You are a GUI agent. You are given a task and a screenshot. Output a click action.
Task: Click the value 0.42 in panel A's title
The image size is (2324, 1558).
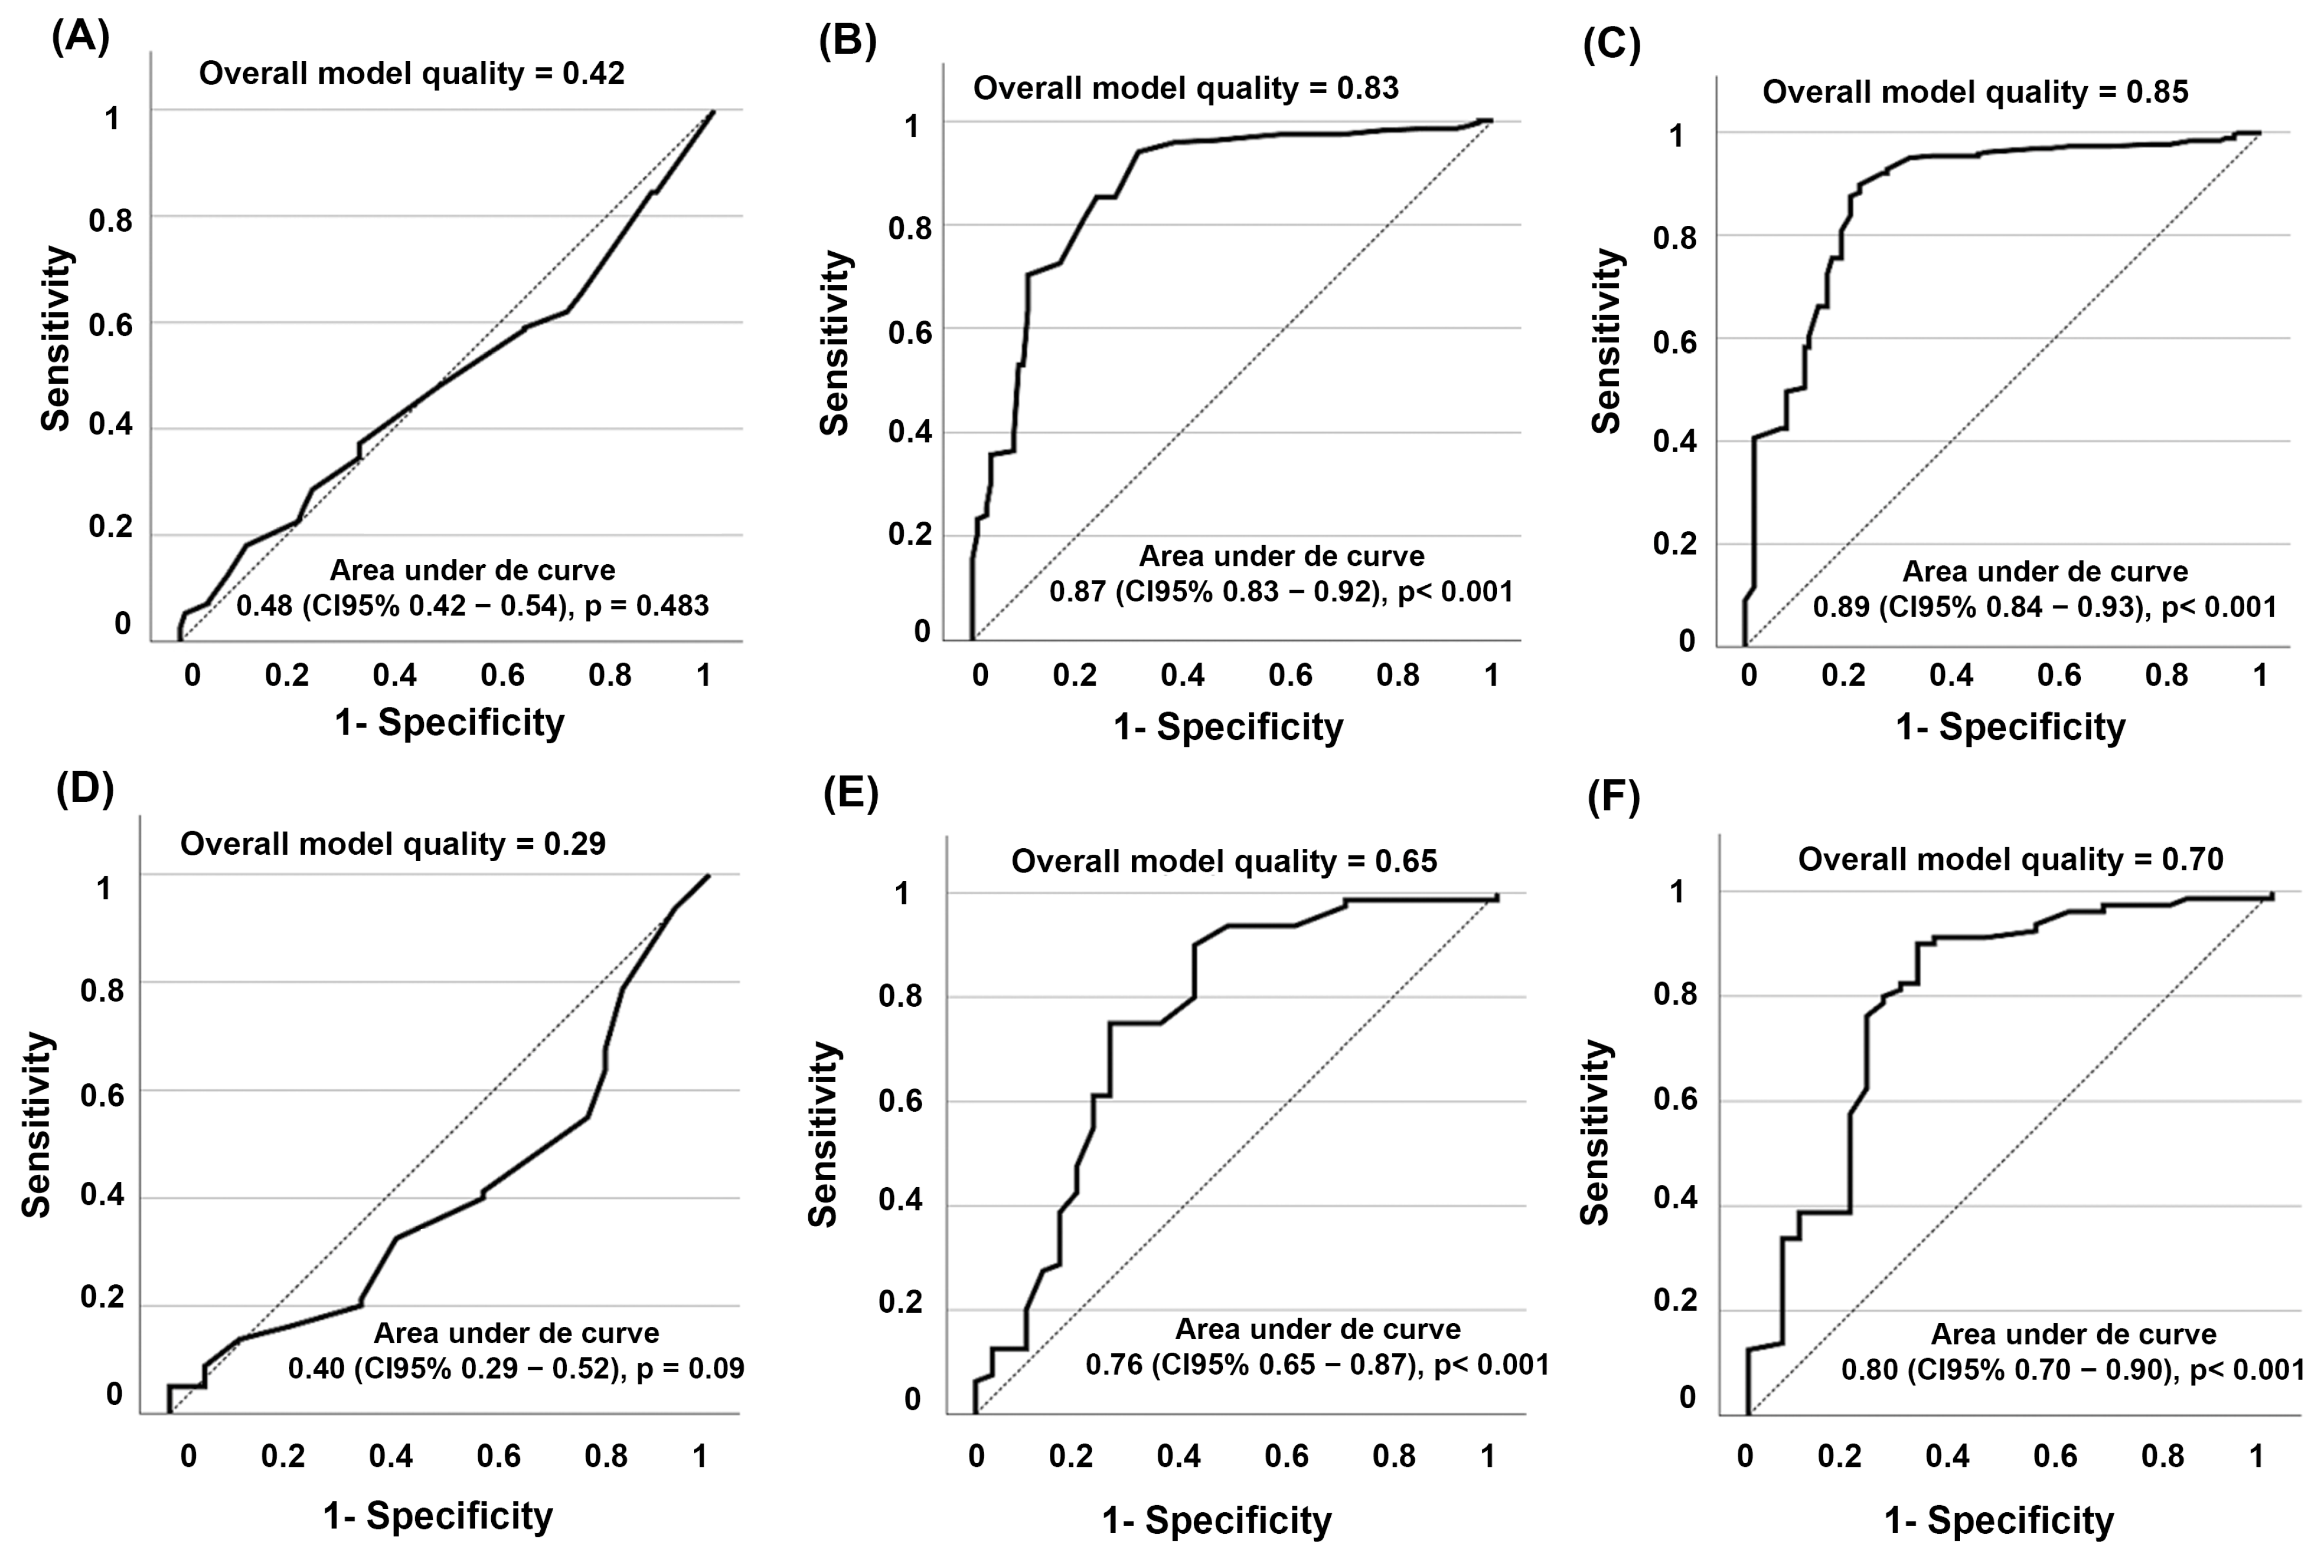(x=594, y=73)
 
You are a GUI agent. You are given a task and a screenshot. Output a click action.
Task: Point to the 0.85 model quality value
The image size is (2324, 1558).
(x=2157, y=92)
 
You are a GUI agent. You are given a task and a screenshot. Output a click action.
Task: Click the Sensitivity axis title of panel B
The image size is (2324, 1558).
(x=836, y=343)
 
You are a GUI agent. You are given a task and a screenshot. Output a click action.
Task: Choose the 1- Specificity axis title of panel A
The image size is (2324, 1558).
(x=449, y=722)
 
